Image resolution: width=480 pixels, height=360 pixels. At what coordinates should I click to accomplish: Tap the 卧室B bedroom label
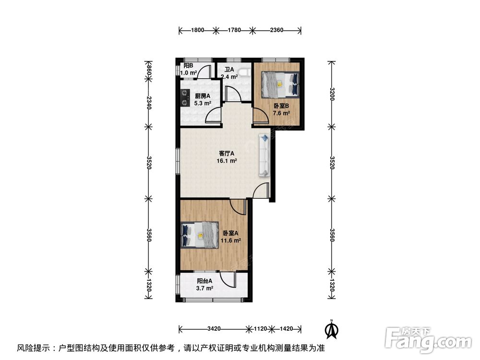(281, 106)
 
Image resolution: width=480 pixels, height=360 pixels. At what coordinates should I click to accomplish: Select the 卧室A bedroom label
(230, 234)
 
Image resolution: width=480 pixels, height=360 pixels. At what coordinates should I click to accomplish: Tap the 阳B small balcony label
(188, 66)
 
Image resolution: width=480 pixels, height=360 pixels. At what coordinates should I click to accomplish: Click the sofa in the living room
(265, 155)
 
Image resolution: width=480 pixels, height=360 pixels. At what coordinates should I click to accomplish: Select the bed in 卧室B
(279, 84)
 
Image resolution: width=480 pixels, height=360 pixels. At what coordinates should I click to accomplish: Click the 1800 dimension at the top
(197, 30)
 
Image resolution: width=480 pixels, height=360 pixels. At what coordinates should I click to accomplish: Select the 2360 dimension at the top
(276, 30)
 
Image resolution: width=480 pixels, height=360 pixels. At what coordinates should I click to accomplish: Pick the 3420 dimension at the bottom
(214, 329)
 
